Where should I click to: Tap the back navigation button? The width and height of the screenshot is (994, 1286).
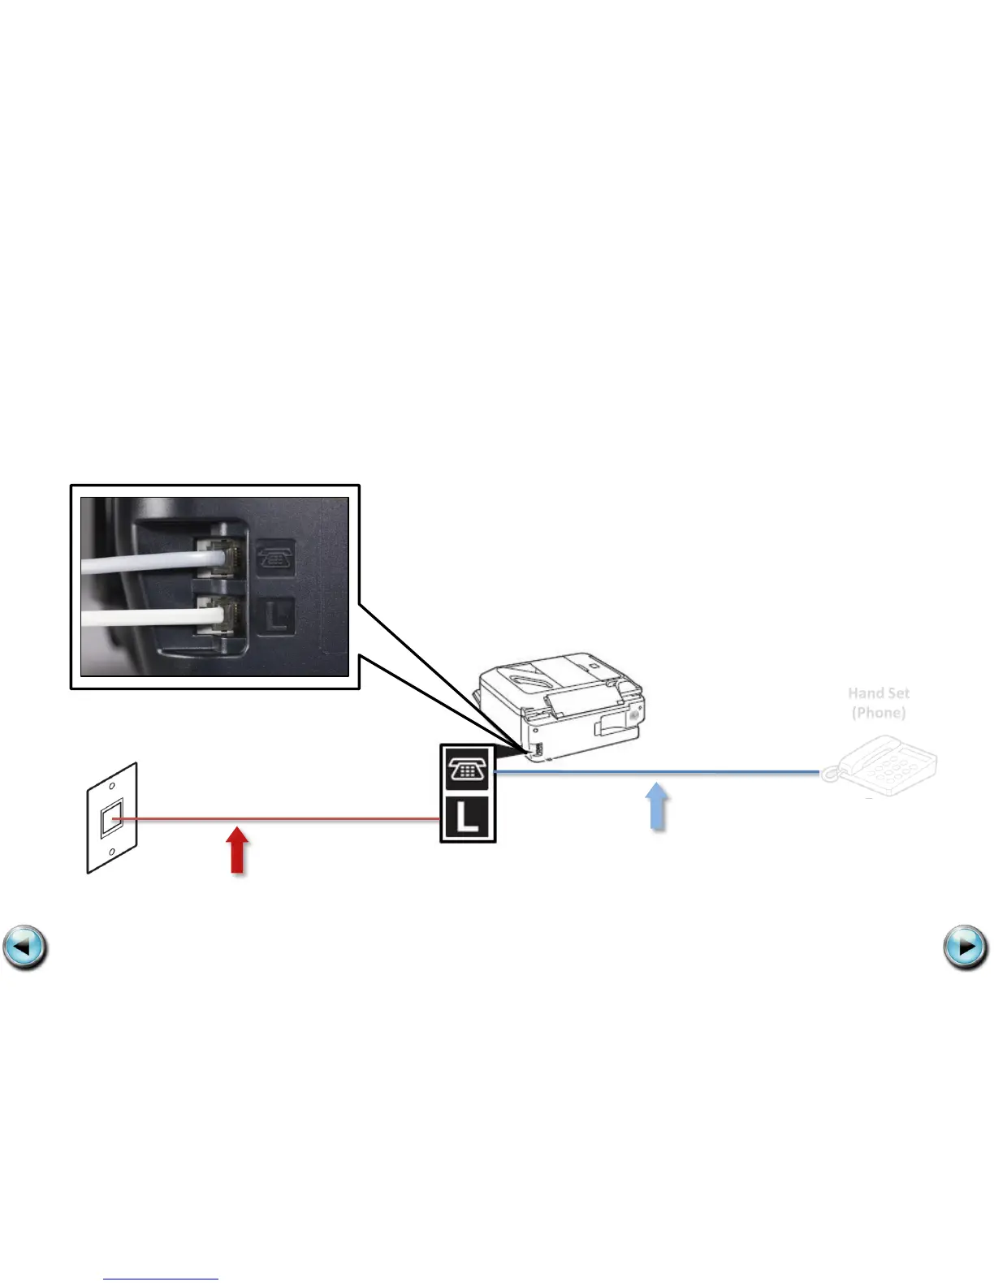point(25,947)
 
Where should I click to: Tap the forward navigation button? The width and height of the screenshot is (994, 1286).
point(966,947)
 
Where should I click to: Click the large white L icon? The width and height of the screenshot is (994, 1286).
point(468,817)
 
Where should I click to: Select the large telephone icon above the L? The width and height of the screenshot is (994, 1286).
point(468,768)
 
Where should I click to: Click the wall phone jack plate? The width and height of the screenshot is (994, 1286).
point(112,818)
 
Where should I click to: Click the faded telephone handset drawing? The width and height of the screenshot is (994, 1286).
point(880,765)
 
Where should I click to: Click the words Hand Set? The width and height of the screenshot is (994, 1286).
point(879,693)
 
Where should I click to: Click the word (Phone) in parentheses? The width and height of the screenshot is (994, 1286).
point(879,713)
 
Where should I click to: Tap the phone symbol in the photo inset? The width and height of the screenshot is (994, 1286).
point(276,559)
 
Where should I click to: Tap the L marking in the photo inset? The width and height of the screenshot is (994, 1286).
point(276,616)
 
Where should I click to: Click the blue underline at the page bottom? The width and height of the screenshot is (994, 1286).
point(161,1279)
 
